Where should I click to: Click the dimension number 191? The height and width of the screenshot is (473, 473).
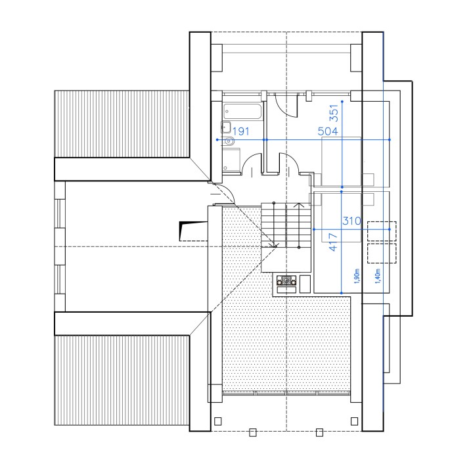click(x=241, y=131)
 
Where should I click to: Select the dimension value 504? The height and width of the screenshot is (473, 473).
click(x=328, y=131)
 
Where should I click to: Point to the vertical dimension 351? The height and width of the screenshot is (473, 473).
click(x=334, y=113)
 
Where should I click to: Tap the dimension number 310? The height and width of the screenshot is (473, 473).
click(x=351, y=221)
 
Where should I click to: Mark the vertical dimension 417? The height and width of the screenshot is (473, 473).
click(x=333, y=242)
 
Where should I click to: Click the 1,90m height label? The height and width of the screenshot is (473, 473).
click(x=357, y=276)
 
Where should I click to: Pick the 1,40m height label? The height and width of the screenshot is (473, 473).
click(x=378, y=276)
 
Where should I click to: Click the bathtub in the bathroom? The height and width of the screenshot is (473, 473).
click(x=242, y=112)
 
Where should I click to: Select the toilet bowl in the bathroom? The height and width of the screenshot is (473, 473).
click(x=229, y=141)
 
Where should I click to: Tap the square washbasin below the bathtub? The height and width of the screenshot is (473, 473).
click(x=225, y=127)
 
